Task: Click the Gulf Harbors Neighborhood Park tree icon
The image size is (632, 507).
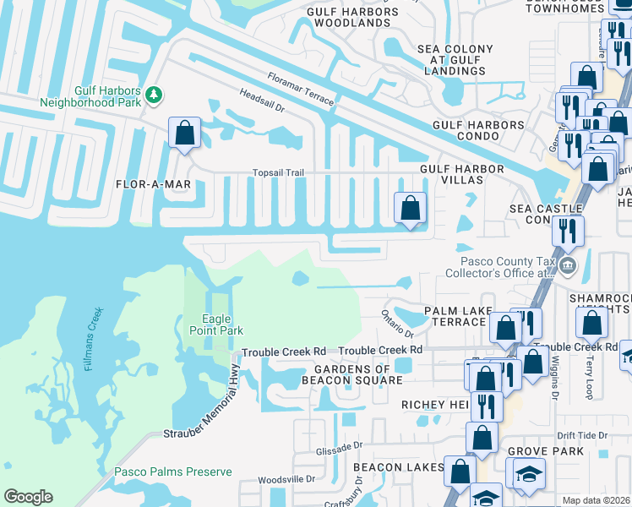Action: (x=154, y=94)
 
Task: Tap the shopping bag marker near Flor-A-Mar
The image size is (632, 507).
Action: (x=184, y=133)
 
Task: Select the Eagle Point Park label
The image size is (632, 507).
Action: (x=222, y=324)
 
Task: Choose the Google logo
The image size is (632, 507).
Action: (x=28, y=497)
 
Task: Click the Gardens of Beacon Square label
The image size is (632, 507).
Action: (x=351, y=374)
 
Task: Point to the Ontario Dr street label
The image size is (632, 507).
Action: (x=398, y=322)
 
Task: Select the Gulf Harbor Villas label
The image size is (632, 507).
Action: (x=462, y=169)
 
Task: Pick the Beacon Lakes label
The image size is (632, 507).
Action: (x=399, y=467)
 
